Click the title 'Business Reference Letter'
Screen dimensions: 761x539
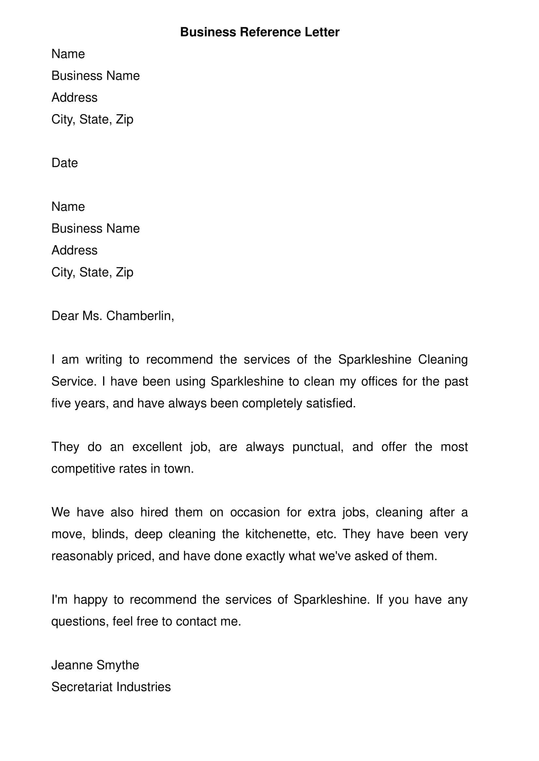point(259,32)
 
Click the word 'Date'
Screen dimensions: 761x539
point(65,163)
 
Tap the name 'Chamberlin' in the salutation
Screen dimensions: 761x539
point(139,316)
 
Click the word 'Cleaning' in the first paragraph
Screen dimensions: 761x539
point(443,360)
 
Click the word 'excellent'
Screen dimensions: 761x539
point(157,447)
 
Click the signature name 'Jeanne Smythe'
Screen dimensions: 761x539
point(95,665)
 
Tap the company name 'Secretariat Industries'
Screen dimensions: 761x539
point(111,687)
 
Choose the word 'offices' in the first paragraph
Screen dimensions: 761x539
point(379,382)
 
